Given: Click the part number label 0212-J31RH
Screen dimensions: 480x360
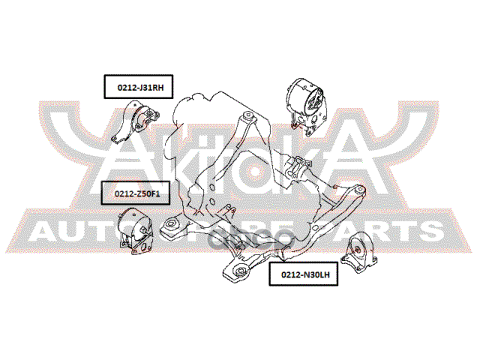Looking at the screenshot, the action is pos(139,88).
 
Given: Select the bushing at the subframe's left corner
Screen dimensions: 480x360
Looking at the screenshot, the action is pos(172,224).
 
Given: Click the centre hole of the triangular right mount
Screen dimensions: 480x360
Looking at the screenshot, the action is pos(358,250).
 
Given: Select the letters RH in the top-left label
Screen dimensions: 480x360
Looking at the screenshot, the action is pos(155,88).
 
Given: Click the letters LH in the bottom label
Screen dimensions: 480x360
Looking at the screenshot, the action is pos(322,275).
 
